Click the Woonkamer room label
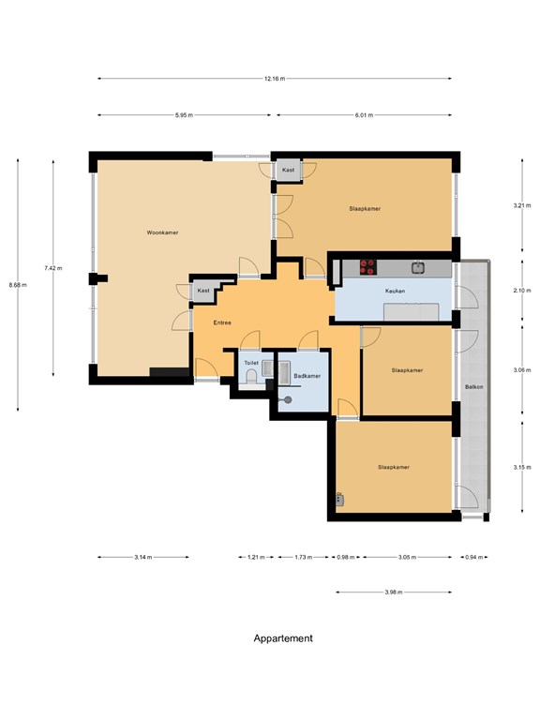click(162, 232)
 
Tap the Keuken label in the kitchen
click(395, 292)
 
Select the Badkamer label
click(307, 376)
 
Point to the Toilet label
click(251, 363)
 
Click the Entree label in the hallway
click(222, 322)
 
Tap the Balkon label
click(473, 387)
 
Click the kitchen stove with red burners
click(367, 267)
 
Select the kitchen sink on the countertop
click(418, 267)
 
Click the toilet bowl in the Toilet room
click(251, 378)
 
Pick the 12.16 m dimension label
click(275, 79)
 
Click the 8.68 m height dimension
click(18, 285)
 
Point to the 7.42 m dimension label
click(53, 268)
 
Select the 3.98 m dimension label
click(394, 592)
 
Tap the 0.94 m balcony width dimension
click(473, 558)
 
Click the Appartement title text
click(283, 638)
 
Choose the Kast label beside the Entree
click(203, 291)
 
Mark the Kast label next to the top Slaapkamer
click(289, 170)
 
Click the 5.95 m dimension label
click(184, 115)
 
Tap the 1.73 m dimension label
click(303, 558)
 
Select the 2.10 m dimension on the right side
click(522, 291)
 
